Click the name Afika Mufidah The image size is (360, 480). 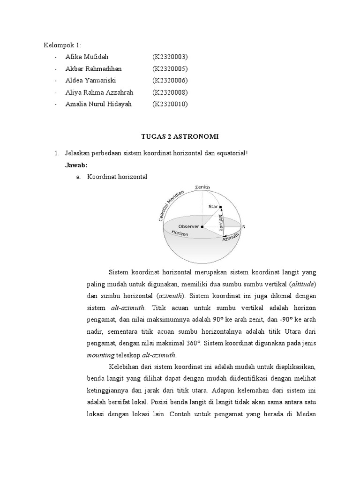pos(87,57)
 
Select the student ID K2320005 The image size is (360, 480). pos(170,69)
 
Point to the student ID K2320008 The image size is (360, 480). pos(170,92)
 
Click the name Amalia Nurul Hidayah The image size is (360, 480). pos(98,104)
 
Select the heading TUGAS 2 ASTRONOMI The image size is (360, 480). pos(180,136)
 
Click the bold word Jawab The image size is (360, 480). pos(76,165)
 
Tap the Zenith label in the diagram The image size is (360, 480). pos(203,188)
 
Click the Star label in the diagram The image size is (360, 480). pos(213,205)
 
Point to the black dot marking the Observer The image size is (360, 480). pos(202,227)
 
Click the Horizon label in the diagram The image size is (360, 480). pos(180,233)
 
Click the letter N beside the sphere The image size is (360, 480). pos(244,227)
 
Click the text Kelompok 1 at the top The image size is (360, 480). pos(62,45)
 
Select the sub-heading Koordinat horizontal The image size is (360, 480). pos(117,177)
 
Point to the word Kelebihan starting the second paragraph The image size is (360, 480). pos(123,366)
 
